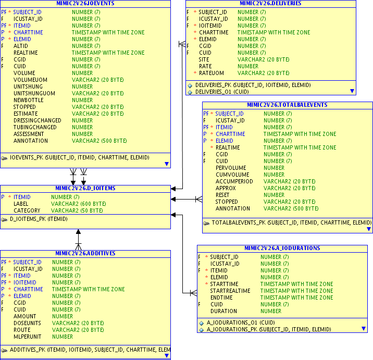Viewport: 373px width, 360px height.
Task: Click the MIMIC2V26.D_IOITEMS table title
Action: click(x=85, y=188)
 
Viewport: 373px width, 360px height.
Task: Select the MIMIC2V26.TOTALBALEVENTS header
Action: click(x=287, y=105)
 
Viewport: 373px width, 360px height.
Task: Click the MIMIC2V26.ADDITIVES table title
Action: click(x=85, y=253)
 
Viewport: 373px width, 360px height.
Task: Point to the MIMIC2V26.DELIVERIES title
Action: click(x=270, y=3)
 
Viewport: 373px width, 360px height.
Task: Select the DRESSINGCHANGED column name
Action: click(x=37, y=120)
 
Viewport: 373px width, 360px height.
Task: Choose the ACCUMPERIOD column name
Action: click(x=234, y=181)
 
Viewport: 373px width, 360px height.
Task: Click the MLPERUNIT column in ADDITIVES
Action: click(x=28, y=337)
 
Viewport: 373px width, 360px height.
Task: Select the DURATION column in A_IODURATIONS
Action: click(x=223, y=311)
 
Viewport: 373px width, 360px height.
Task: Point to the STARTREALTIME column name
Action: click(x=230, y=291)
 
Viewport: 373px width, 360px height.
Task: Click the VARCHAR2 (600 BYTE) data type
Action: click(x=77, y=204)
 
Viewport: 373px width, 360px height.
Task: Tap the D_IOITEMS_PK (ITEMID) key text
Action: click(x=39, y=219)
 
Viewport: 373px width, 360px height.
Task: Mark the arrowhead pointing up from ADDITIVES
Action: click(x=79, y=232)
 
